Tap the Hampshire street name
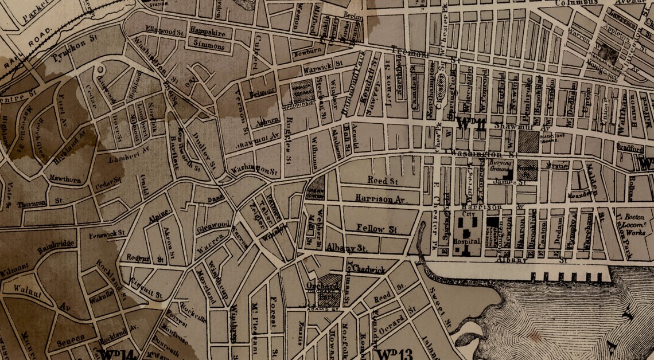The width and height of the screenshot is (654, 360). [x=207, y=33]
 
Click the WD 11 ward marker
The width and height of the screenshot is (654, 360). [x=472, y=122]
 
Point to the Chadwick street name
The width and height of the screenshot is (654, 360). [x=371, y=269]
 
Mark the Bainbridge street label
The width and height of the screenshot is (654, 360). [x=57, y=248]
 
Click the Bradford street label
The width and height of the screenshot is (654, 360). [x=630, y=149]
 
